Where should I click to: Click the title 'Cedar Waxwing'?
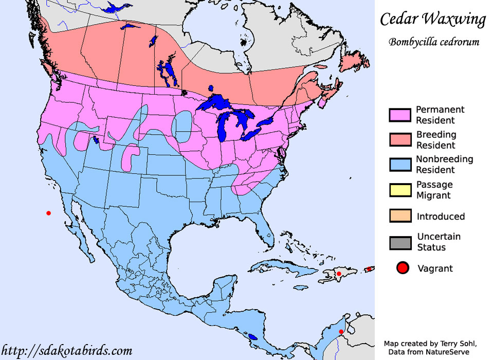pyautogui.click(x=433, y=20)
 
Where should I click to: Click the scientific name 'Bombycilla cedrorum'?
pyautogui.click(x=434, y=42)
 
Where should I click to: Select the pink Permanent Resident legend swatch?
pyautogui.click(x=400, y=115)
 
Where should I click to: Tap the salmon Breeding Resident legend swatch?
pyautogui.click(x=400, y=140)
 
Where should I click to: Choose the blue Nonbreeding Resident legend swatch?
pyautogui.click(x=400, y=165)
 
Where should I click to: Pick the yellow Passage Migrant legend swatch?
pyautogui.click(x=400, y=190)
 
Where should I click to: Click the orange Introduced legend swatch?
pyautogui.click(x=400, y=216)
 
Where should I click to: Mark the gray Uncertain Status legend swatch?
pyautogui.click(x=400, y=242)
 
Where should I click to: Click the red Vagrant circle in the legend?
pyautogui.click(x=403, y=268)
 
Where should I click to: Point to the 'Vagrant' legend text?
pyautogui.click(x=435, y=268)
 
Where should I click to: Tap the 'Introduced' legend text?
pyautogui.click(x=441, y=217)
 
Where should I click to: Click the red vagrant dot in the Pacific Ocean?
pyautogui.click(x=48, y=213)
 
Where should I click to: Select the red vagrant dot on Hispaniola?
pyautogui.click(x=339, y=274)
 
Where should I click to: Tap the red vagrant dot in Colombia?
pyautogui.click(x=341, y=332)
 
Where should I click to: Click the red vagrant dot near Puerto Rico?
pyautogui.click(x=369, y=269)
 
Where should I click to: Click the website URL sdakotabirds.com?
pyautogui.click(x=67, y=351)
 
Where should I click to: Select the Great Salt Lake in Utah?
pyautogui.click(x=96, y=139)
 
